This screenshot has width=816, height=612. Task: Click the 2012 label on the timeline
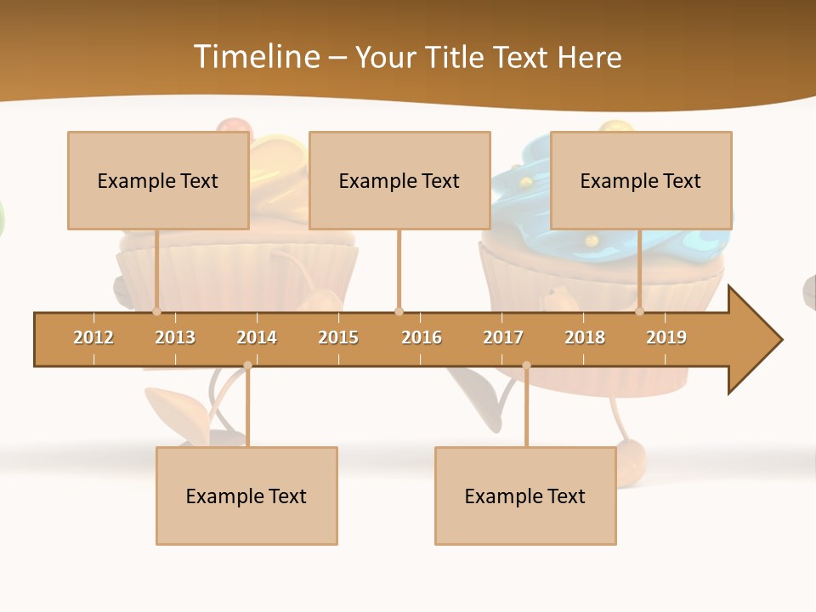point(93,337)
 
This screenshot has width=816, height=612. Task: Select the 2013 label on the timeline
point(175,337)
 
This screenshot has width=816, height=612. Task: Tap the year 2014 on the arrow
point(257,337)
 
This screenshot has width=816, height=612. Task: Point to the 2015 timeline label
point(338,337)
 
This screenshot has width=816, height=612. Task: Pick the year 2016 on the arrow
point(422,337)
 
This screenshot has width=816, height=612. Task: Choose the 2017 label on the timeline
point(503,337)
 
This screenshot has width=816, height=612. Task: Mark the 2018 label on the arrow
point(585,337)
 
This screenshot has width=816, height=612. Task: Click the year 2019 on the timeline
point(666,337)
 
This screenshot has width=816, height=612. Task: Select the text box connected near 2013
point(158,180)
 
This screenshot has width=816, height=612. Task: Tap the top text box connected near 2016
point(399,180)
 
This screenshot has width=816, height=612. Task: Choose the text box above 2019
point(641,180)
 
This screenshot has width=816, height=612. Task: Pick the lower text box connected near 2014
point(246,496)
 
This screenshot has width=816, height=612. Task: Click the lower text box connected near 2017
point(525,496)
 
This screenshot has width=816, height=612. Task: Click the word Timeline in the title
point(255,57)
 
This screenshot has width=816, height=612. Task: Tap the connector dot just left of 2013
point(157,311)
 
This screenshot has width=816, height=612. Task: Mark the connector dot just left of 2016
point(399,311)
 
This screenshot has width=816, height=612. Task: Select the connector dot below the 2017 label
point(526,365)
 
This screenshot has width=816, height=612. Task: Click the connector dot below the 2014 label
point(247,365)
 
